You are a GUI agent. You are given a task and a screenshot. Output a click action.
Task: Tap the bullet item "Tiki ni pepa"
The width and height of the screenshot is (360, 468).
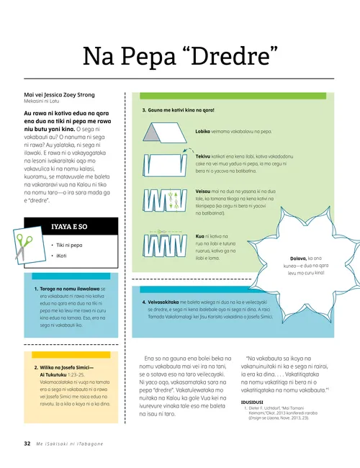point(73,244)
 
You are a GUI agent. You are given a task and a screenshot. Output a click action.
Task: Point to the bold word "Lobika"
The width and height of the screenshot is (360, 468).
point(203,132)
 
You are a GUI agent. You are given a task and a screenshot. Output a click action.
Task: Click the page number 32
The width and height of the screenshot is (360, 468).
point(27,444)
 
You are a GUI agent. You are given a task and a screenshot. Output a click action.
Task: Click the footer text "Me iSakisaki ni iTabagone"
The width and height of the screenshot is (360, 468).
point(71,444)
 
